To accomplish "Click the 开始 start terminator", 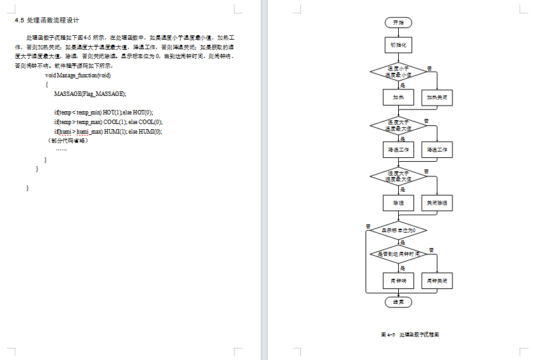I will tap(398, 22).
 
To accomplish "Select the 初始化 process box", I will tap(398, 45).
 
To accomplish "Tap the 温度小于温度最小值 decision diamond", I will tap(398, 72).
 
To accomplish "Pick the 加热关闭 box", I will tap(438, 98).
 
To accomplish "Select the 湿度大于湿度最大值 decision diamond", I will tap(398, 176).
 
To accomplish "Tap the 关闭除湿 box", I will tap(438, 203).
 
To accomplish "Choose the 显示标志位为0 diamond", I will tap(398, 229).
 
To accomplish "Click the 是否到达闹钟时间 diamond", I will tap(398, 254).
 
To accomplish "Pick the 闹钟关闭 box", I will tap(438, 281).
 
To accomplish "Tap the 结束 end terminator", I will tap(398, 302).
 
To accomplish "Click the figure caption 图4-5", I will tap(410, 334).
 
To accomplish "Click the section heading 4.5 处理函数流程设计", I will tap(47, 20).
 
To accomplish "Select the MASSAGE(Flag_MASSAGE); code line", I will tap(90, 94).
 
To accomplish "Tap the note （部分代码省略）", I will tap(67, 141).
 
